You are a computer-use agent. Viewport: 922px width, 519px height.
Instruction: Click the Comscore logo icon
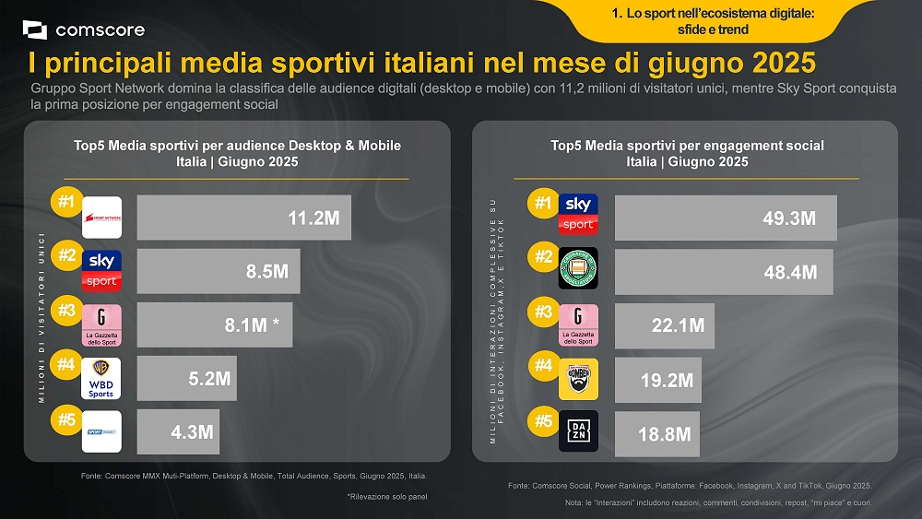coord(35,29)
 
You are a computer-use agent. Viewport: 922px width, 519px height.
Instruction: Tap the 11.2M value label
coord(313,218)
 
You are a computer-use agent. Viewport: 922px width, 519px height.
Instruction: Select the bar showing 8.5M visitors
coord(219,271)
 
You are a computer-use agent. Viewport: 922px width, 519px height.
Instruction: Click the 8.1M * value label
coord(252,324)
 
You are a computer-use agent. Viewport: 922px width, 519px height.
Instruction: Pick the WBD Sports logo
coord(101,378)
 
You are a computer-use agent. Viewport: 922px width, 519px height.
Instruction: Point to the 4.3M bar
coord(178,431)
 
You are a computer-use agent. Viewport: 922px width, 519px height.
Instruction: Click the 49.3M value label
coord(789,218)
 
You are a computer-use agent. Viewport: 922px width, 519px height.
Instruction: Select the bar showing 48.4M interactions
coord(723,272)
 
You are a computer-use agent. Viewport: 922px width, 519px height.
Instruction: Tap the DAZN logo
coord(578,431)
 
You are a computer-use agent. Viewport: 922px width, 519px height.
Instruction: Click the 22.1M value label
coord(678,325)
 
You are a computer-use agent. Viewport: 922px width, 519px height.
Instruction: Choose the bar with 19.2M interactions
coord(657,379)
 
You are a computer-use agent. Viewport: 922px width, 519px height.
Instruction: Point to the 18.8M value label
coord(665,433)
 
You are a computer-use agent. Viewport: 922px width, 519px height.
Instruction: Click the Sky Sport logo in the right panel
coord(578,214)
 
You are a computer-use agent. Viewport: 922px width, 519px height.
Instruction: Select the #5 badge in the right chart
coord(544,421)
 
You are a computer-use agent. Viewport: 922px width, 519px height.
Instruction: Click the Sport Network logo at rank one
coord(101,218)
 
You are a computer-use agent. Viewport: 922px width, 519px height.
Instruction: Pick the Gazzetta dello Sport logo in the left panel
coord(101,324)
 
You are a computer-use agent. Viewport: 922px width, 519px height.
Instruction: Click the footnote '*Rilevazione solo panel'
coord(386,497)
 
